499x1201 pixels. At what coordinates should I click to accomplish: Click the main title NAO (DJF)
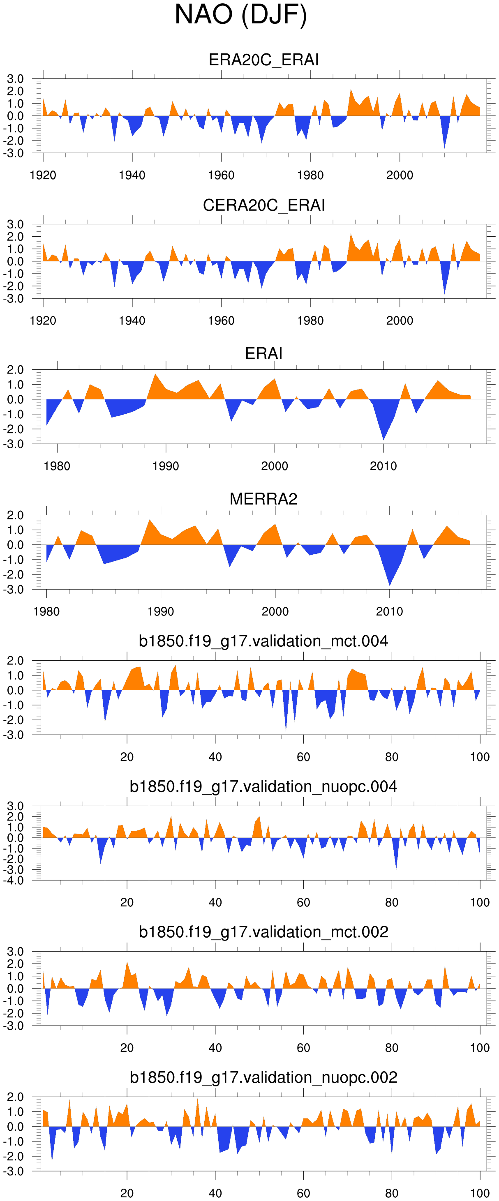tap(240, 15)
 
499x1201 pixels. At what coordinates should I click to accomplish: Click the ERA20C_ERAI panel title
tap(263, 60)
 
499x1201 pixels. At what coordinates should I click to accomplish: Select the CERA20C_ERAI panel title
tap(263, 205)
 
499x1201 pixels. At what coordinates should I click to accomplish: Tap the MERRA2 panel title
tap(263, 499)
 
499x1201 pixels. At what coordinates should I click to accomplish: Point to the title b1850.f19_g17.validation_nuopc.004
tap(263, 786)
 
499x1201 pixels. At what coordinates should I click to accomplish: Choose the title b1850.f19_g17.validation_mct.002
tap(263, 932)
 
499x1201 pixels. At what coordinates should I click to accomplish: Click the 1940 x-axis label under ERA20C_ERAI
tap(132, 175)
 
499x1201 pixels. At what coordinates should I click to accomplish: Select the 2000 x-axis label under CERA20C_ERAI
tap(400, 321)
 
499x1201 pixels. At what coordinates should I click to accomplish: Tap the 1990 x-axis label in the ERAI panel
tap(166, 466)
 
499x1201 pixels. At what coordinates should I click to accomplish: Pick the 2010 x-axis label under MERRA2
tap(389, 612)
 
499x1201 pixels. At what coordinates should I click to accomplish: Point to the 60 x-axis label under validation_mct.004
tap(303, 757)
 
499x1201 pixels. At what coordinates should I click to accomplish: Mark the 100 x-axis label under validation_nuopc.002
tap(480, 1194)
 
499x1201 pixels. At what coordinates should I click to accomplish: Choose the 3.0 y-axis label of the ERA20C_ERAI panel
tap(15, 79)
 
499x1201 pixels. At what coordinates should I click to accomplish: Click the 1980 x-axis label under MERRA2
tap(46, 612)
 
